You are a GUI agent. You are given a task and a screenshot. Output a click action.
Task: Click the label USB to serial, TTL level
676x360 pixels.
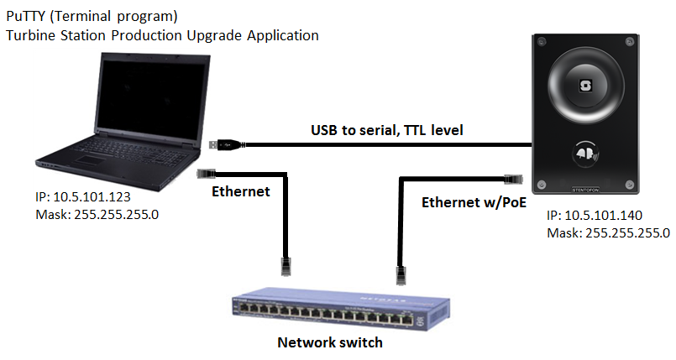[387, 130]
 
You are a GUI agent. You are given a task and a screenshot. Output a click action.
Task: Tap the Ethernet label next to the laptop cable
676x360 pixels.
[240, 191]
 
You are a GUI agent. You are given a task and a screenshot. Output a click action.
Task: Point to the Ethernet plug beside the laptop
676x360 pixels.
[204, 173]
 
